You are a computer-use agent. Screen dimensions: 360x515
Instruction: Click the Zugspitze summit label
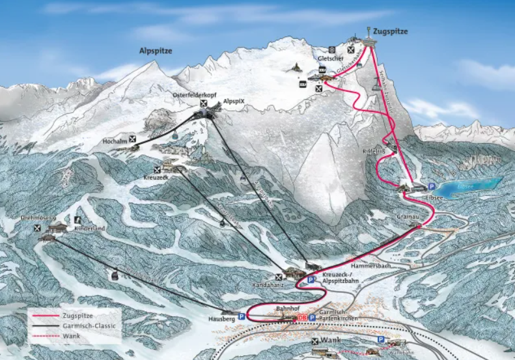point(391,30)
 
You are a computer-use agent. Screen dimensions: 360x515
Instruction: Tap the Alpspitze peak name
point(155,51)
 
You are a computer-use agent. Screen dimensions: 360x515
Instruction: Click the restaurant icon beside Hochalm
point(133,139)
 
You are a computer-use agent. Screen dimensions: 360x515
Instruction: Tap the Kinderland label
point(89,230)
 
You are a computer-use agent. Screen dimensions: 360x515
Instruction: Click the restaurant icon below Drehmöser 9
point(38,228)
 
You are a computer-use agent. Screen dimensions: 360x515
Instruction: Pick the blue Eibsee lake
point(469,185)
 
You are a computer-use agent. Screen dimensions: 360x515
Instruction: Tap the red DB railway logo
point(301,317)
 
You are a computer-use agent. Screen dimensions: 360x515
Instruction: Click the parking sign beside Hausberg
point(242,316)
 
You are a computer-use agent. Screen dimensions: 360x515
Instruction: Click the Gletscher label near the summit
point(330,59)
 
